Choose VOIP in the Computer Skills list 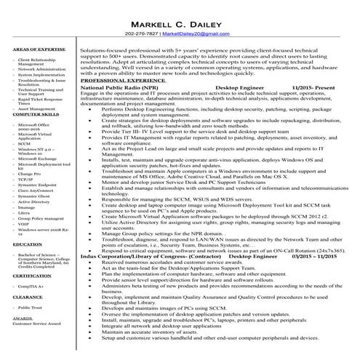point(27,223)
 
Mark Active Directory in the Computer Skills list point(34,202)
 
